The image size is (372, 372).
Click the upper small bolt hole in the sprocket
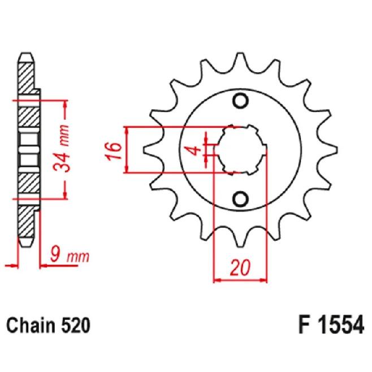coord(240,102)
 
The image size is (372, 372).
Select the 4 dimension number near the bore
coord(193,150)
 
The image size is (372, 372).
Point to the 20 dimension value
coord(240,266)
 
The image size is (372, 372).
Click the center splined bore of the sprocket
coord(240,150)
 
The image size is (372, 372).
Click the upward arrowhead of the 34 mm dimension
coord(65,105)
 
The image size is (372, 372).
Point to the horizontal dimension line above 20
coord(240,279)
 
